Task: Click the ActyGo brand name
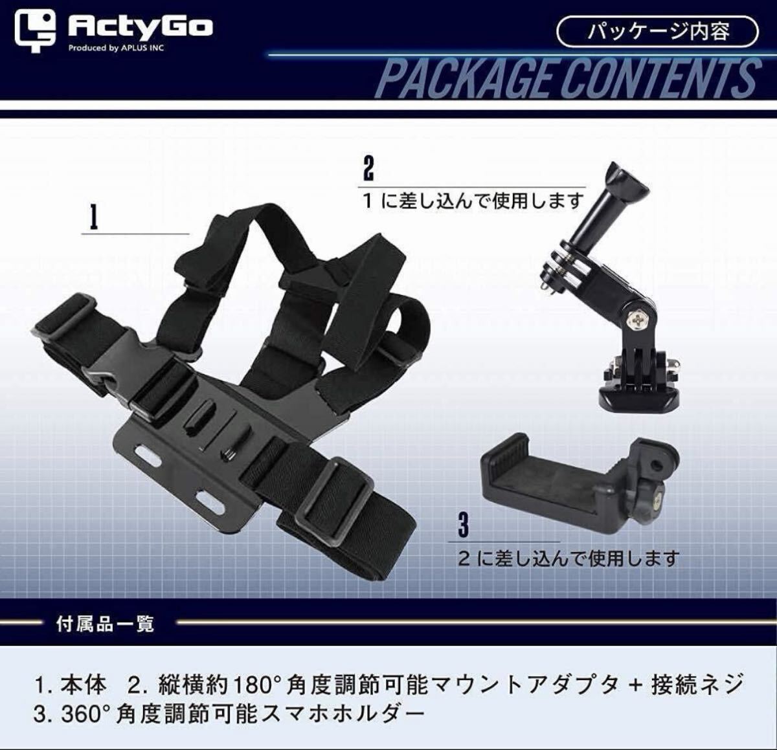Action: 140,27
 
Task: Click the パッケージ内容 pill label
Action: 657,31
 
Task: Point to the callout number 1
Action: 94,218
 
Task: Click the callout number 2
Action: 368,169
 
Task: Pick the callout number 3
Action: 463,524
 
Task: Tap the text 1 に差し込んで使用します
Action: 473,201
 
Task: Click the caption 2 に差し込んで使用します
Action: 569,558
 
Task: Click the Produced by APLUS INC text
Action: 117,48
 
